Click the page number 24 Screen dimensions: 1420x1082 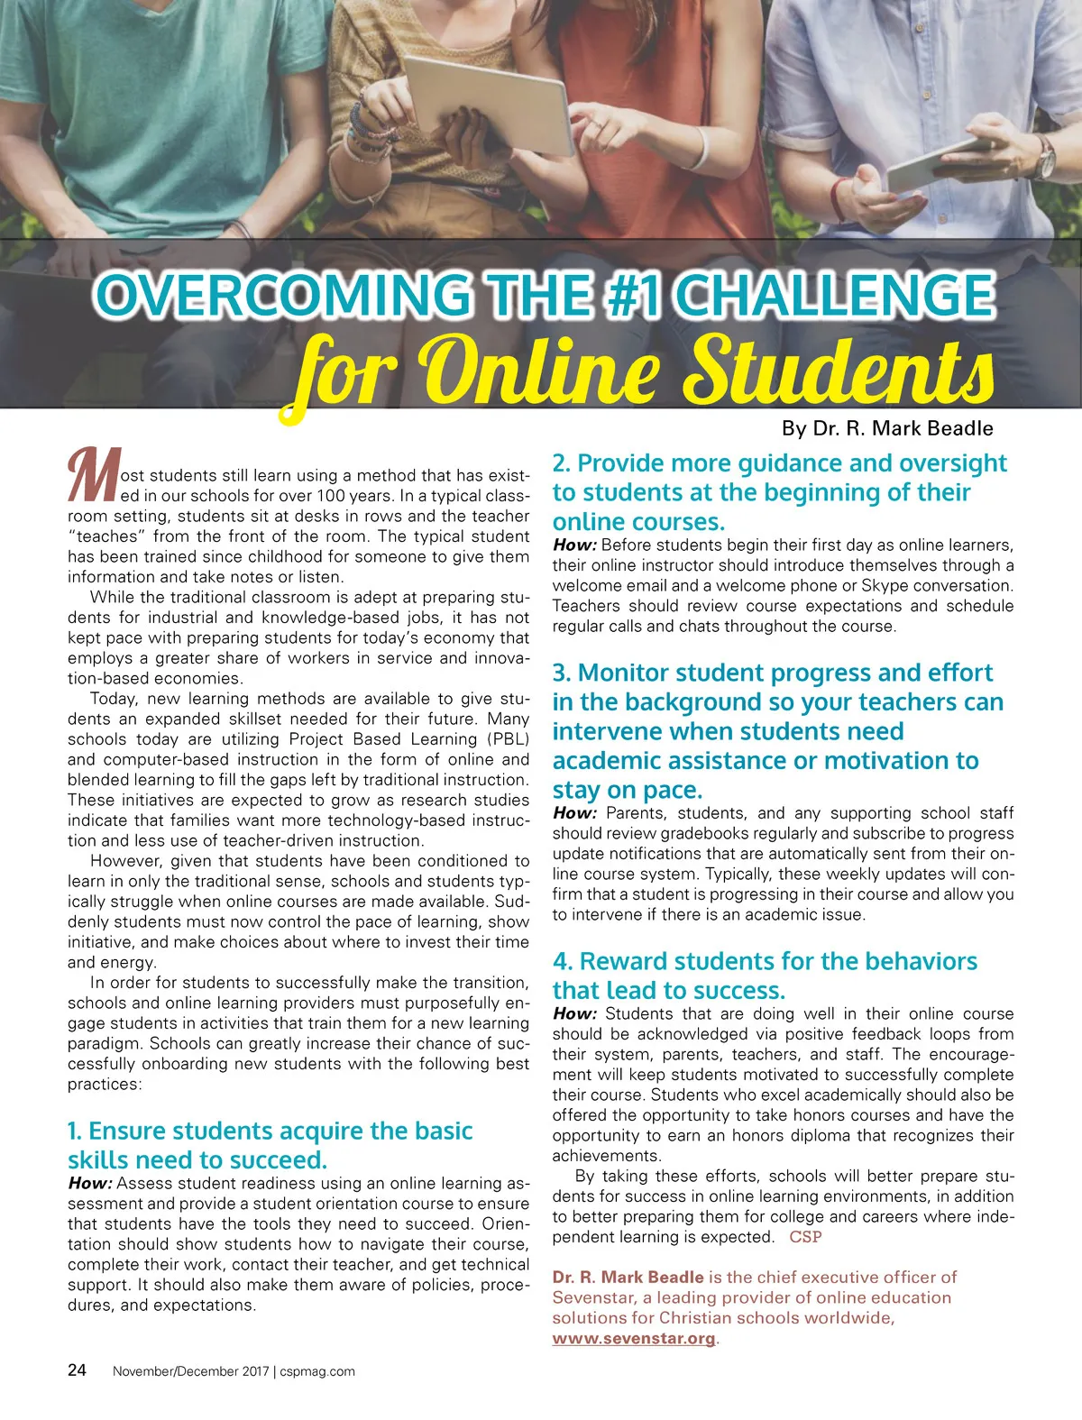[78, 1370]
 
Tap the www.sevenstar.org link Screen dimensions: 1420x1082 [634, 1338]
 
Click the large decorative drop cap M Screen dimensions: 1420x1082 [92, 475]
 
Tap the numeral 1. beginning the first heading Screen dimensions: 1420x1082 [75, 1131]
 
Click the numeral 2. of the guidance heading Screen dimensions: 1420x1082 [562, 463]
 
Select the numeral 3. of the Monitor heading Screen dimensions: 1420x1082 [562, 673]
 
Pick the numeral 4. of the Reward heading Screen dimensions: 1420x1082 [563, 961]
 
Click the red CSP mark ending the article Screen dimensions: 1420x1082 [805, 1237]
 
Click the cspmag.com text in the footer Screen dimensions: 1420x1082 [316, 1371]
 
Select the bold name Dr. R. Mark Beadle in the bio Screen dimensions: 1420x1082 [628, 1277]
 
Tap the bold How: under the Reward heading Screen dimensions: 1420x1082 [574, 1013]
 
